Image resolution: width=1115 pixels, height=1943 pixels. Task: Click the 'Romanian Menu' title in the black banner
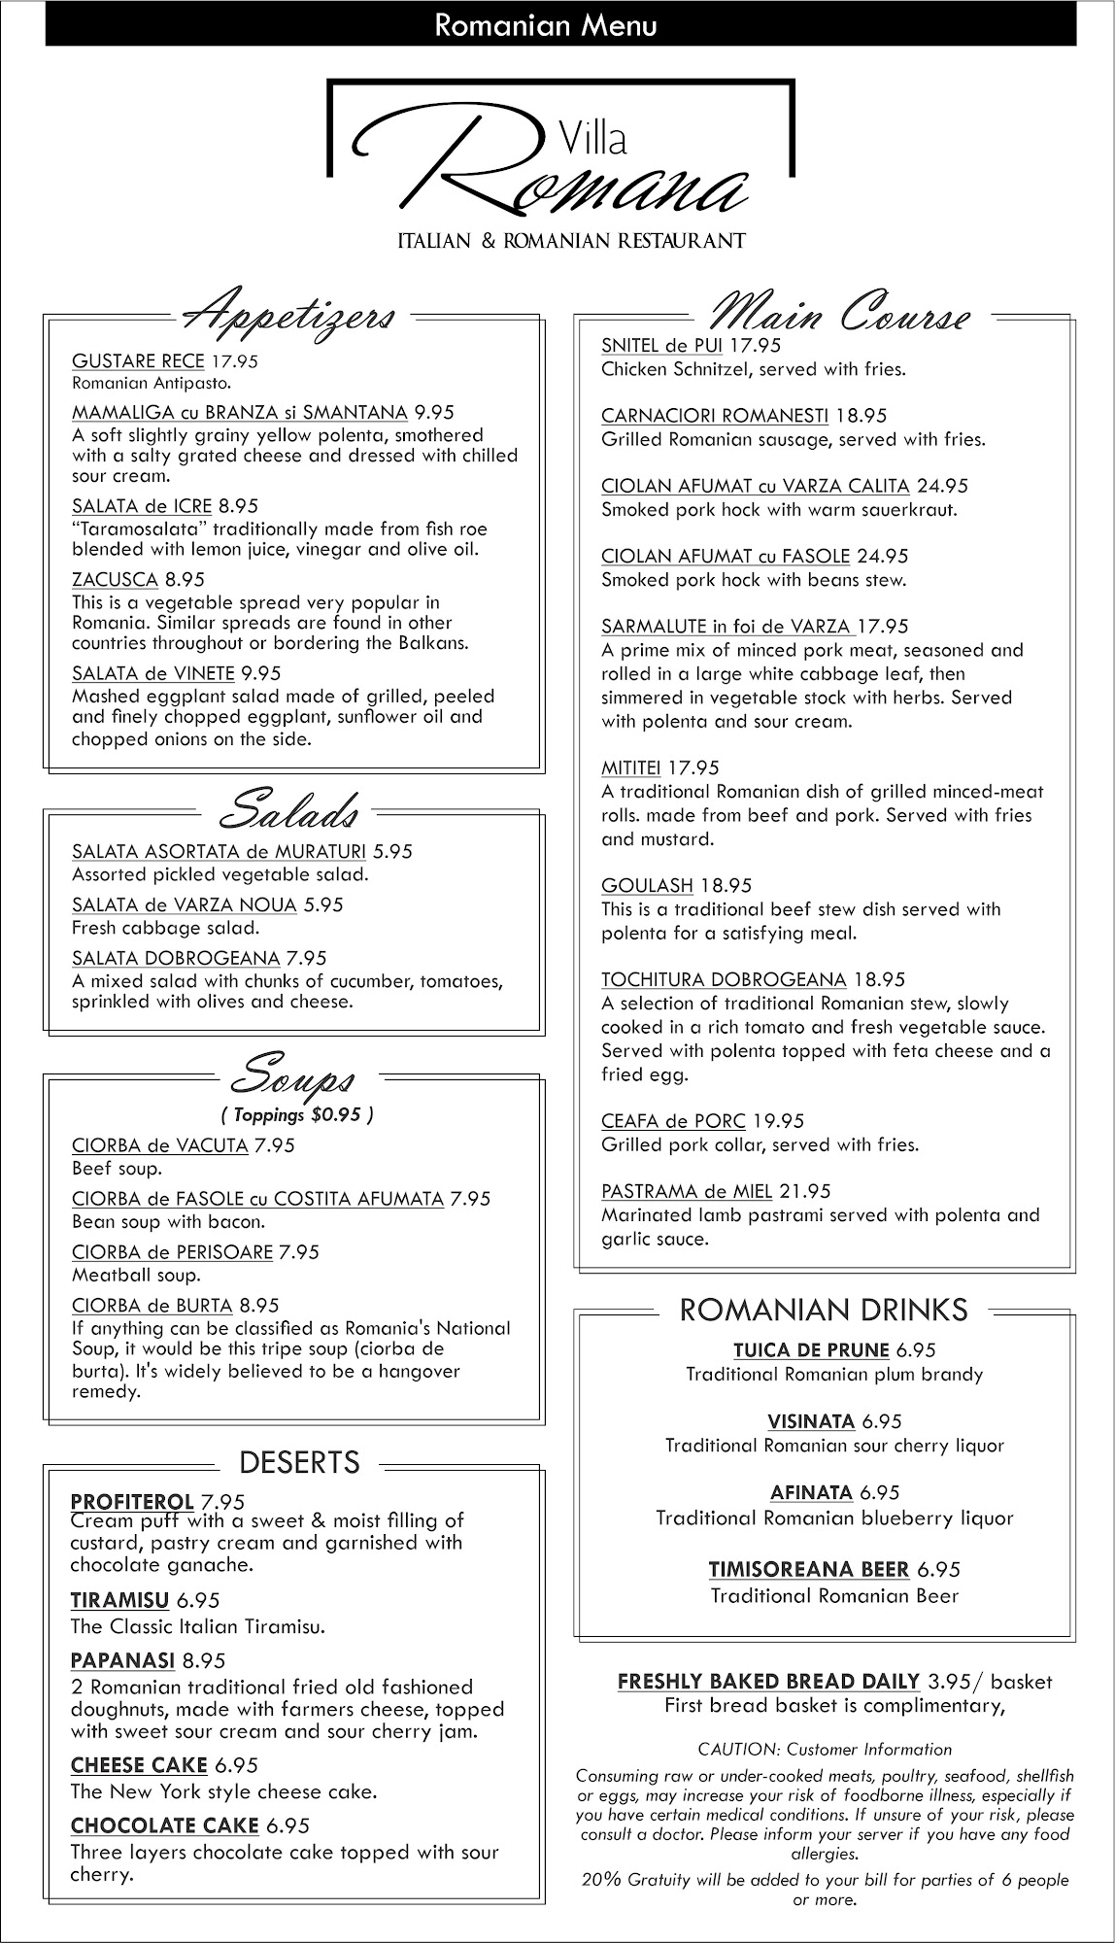(x=546, y=25)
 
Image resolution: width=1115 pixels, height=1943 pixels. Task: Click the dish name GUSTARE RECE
(x=138, y=361)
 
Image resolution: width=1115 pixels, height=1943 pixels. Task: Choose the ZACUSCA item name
(x=115, y=580)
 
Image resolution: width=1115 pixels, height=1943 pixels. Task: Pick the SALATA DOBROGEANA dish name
(x=175, y=959)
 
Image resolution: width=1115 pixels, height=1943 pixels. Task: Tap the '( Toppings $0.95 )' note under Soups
(x=296, y=1114)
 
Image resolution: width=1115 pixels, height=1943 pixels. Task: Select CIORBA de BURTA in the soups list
(x=152, y=1306)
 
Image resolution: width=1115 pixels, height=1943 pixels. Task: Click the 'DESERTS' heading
(x=299, y=1462)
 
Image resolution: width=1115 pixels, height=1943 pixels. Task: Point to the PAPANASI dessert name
(x=122, y=1660)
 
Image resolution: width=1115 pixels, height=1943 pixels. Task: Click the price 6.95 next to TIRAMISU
(x=198, y=1600)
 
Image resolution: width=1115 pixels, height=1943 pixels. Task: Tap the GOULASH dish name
(x=647, y=886)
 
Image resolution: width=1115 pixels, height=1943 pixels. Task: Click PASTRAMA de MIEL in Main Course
(x=686, y=1192)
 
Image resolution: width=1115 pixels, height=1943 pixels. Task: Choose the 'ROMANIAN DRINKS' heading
(x=824, y=1311)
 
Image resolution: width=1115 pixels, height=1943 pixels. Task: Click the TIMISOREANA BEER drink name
(x=808, y=1570)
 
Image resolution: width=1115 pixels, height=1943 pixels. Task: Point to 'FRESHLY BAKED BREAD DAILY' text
(x=768, y=1682)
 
